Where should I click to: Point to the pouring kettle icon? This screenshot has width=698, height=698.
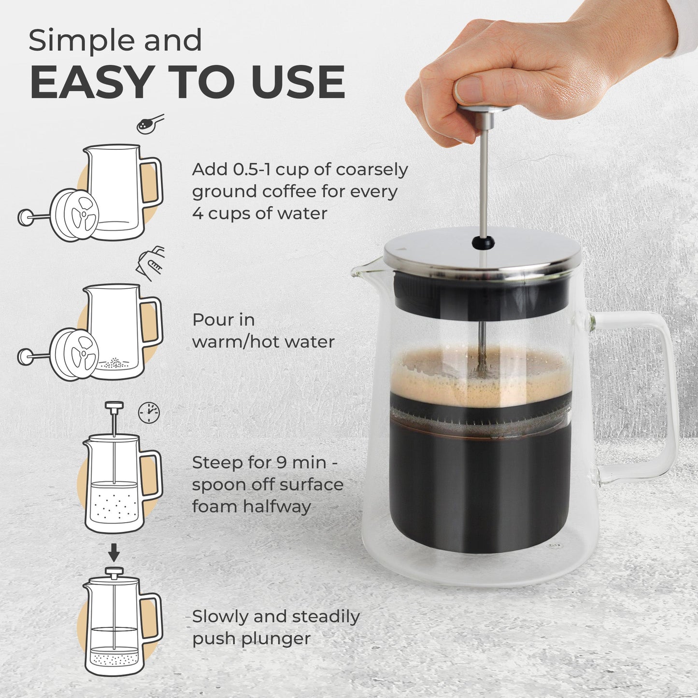(x=152, y=263)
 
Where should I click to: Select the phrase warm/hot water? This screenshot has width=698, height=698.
(x=263, y=342)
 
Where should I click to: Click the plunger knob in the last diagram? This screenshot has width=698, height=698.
(x=114, y=573)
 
